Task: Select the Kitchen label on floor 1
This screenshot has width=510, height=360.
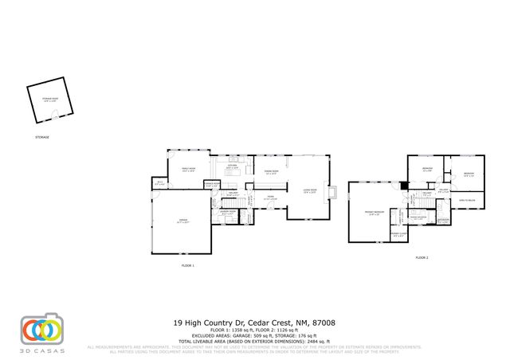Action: pyautogui.click(x=233, y=168)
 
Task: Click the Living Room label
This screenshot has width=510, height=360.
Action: pyautogui.click(x=310, y=192)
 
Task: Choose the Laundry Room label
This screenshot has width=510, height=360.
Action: pyautogui.click(x=227, y=212)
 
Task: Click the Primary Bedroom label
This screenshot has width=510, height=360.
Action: pyautogui.click(x=375, y=212)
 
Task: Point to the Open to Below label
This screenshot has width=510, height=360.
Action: pyautogui.click(x=465, y=199)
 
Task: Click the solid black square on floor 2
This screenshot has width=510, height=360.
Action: pyautogui.click(x=404, y=186)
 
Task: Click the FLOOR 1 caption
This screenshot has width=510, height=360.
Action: pyautogui.click(x=188, y=264)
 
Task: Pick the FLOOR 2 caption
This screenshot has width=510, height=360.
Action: pyautogui.click(x=422, y=258)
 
